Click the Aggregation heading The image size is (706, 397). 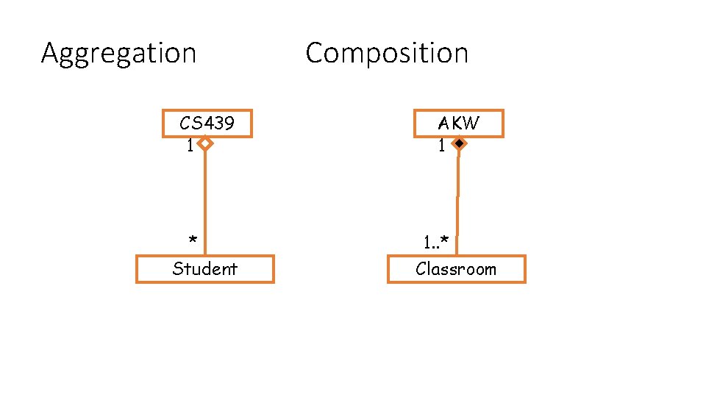coord(118,54)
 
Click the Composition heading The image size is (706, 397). coord(386,53)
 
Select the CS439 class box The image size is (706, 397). coord(207,124)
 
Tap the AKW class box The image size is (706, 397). coord(458,124)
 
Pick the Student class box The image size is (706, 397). coord(204,269)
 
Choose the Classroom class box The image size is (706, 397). coord(456,269)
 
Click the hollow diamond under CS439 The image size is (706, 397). coord(205,144)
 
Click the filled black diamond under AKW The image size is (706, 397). coord(458,144)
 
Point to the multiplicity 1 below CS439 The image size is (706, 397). coord(190,146)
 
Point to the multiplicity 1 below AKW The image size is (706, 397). coord(441,146)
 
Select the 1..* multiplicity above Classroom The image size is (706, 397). coord(440,241)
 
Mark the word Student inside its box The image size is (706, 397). coord(204,269)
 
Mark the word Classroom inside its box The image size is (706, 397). coord(456,269)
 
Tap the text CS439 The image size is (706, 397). coord(207,124)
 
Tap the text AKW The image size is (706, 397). coord(458,124)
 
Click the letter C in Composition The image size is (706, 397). coord(314,53)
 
